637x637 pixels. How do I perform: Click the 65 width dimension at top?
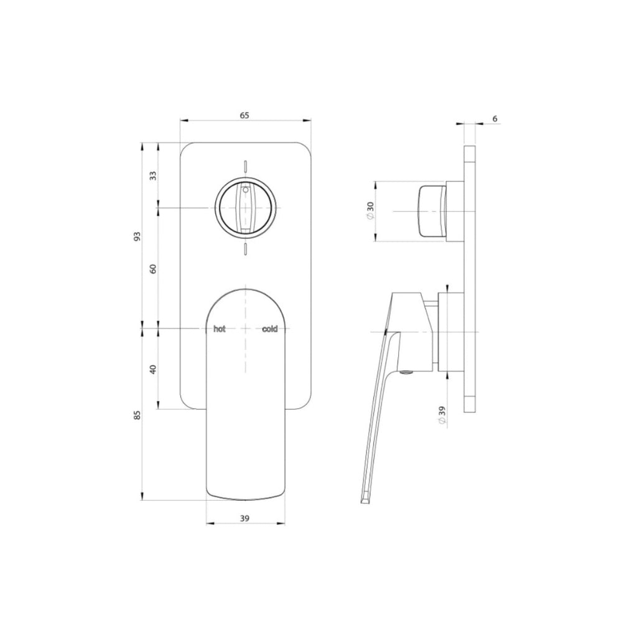tap(244, 115)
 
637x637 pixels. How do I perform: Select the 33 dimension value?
tap(153, 175)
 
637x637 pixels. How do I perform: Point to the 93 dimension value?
tap(137, 236)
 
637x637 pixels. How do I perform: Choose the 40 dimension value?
tap(153, 368)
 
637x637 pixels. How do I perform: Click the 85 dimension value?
tap(137, 414)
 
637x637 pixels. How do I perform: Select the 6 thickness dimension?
tap(495, 118)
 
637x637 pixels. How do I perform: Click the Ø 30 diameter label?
tap(371, 212)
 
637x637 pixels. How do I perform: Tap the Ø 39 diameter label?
tap(442, 415)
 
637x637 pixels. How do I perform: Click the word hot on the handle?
tap(219, 329)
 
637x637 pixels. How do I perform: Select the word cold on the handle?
tap(269, 329)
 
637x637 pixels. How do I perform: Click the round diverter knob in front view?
tap(245, 208)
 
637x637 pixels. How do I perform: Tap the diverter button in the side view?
tap(432, 212)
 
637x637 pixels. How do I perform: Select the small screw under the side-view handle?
tap(407, 373)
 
